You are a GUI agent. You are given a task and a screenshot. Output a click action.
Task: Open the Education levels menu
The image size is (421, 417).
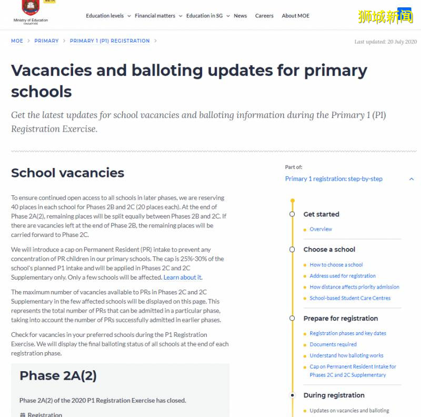[x=105, y=16]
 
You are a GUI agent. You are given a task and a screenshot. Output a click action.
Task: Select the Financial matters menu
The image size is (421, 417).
[x=155, y=16]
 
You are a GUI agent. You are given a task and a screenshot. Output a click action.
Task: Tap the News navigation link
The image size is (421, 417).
[x=240, y=16]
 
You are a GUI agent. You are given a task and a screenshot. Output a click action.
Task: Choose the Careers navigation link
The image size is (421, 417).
[x=264, y=16]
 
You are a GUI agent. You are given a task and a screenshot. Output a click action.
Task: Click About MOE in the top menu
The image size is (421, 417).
[x=295, y=16]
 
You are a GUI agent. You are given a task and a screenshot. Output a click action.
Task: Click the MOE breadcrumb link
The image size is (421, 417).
[x=17, y=41]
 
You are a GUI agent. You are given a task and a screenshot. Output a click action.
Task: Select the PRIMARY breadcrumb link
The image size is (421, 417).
[x=46, y=41]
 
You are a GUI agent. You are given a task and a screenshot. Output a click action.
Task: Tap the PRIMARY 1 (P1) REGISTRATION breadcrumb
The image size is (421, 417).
[x=109, y=41]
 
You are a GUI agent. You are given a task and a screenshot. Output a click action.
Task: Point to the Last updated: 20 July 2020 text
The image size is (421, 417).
[x=385, y=42]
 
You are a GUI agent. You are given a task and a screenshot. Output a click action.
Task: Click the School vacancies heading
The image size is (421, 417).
[x=67, y=173]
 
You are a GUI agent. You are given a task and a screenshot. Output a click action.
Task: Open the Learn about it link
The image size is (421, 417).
[x=182, y=277]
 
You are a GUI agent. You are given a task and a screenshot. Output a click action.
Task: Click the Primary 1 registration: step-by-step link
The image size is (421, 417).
[x=334, y=179]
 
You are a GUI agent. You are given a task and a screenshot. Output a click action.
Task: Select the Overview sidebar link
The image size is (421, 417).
[x=320, y=230]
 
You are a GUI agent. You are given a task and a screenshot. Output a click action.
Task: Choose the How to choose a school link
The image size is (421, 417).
[x=336, y=265]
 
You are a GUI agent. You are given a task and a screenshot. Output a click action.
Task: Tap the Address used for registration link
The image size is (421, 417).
[x=343, y=276]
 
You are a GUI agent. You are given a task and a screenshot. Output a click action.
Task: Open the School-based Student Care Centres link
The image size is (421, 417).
[x=350, y=298]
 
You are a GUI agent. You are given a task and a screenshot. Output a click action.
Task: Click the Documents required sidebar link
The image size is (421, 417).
[x=333, y=344]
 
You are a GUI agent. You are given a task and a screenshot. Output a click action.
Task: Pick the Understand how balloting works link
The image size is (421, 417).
[x=346, y=355]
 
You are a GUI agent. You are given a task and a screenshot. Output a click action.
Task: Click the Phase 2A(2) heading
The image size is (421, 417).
[x=58, y=375]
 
